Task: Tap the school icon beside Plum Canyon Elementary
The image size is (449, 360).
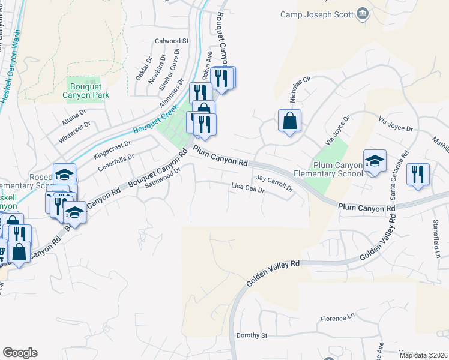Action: click(375, 161)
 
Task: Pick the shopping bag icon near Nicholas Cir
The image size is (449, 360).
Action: click(289, 121)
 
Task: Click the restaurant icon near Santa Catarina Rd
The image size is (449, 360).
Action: click(418, 175)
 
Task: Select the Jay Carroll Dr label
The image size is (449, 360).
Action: click(274, 182)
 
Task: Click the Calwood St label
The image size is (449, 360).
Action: click(172, 41)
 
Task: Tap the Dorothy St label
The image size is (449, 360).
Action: click(252, 335)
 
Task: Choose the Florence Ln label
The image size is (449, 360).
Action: click(338, 319)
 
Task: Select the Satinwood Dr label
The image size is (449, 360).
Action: click(163, 178)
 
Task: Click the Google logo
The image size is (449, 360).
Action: click(20, 353)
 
